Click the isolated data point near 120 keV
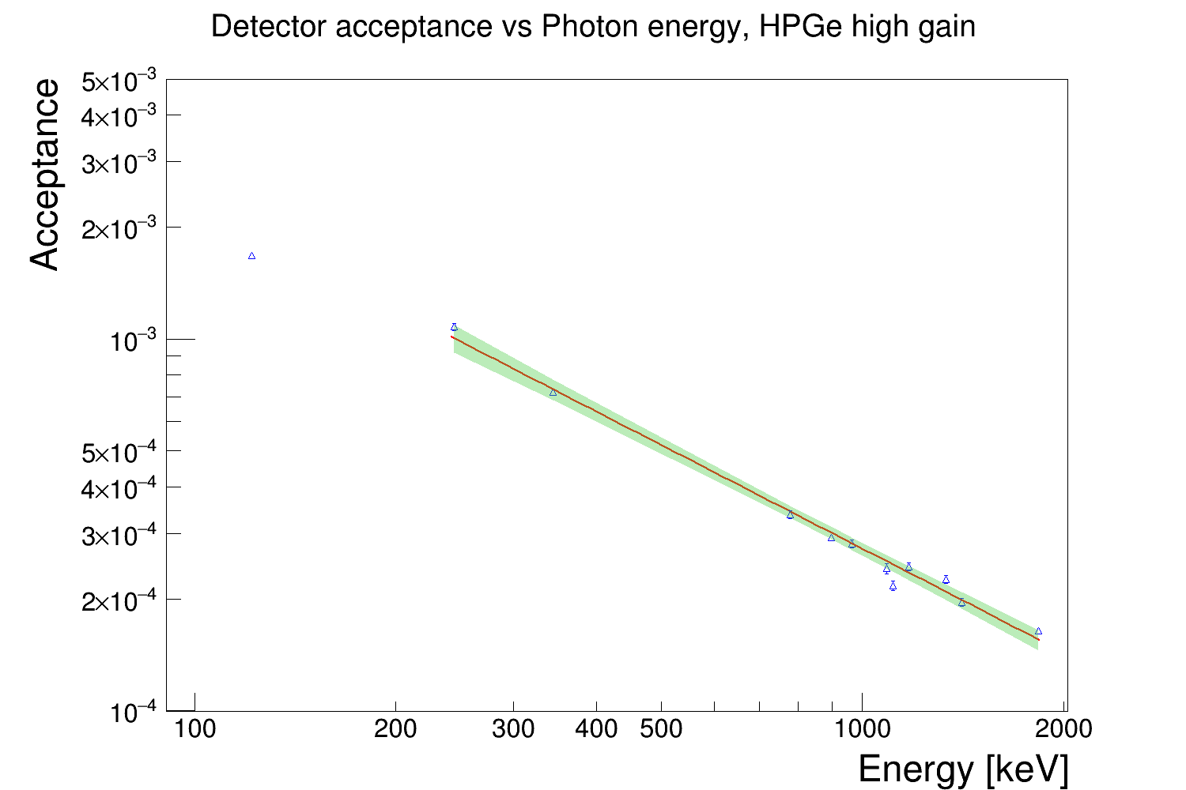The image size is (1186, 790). coord(251,256)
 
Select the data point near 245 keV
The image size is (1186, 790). coord(454,327)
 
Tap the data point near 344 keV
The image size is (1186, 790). coord(553,393)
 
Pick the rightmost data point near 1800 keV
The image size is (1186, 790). coord(1038,631)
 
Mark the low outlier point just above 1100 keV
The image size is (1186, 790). coord(893,586)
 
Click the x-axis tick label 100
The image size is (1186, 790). coord(195,728)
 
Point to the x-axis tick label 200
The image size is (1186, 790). coord(395,728)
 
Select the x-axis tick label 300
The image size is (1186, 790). coord(513,728)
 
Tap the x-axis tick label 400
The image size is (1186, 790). coord(596,728)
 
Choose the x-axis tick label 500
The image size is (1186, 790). coord(661,728)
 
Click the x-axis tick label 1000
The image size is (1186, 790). coord(862,728)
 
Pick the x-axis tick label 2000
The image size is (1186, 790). coord(1063,728)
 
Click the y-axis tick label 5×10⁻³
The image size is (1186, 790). coord(119,81)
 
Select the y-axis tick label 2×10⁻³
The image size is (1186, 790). coord(119,230)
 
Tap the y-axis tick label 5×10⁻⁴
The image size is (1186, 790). coord(119,453)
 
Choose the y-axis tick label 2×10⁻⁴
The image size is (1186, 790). coord(119,602)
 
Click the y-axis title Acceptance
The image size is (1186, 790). coord(46,175)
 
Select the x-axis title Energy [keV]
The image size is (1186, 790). coord(962,769)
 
